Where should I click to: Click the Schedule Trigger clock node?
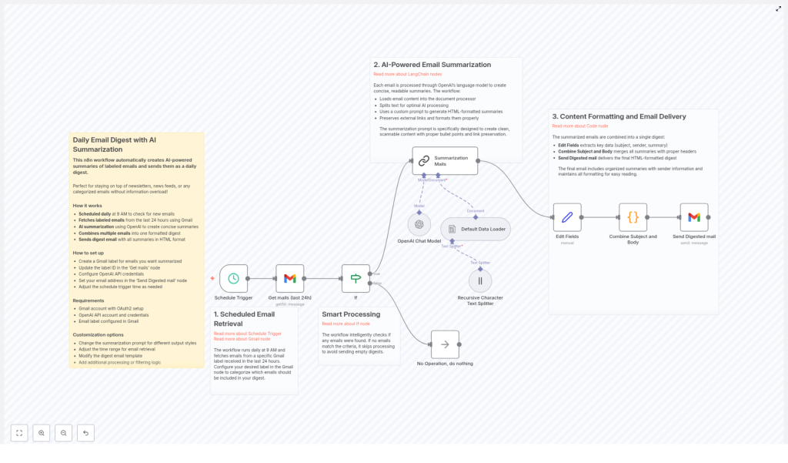tap(233, 278)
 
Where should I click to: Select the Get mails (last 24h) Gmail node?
tap(290, 278)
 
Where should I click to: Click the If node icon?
tap(356, 278)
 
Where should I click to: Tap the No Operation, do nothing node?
tap(445, 344)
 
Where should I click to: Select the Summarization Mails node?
tap(445, 160)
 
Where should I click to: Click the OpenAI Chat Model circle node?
tap(419, 224)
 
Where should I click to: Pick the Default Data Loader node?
tap(476, 229)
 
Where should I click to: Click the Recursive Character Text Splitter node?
tap(480, 280)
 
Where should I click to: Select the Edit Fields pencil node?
tap(567, 217)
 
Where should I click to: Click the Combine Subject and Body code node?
tap(633, 217)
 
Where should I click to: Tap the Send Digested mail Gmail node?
tap(694, 217)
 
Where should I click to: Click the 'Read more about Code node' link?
tap(579, 126)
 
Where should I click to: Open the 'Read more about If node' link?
tap(346, 324)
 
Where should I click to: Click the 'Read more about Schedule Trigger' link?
tap(247, 334)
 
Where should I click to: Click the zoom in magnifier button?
tap(42, 433)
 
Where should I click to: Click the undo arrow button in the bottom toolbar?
tap(85, 433)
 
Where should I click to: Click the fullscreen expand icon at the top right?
tap(778, 8)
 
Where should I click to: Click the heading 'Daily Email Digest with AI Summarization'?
tap(114, 144)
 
